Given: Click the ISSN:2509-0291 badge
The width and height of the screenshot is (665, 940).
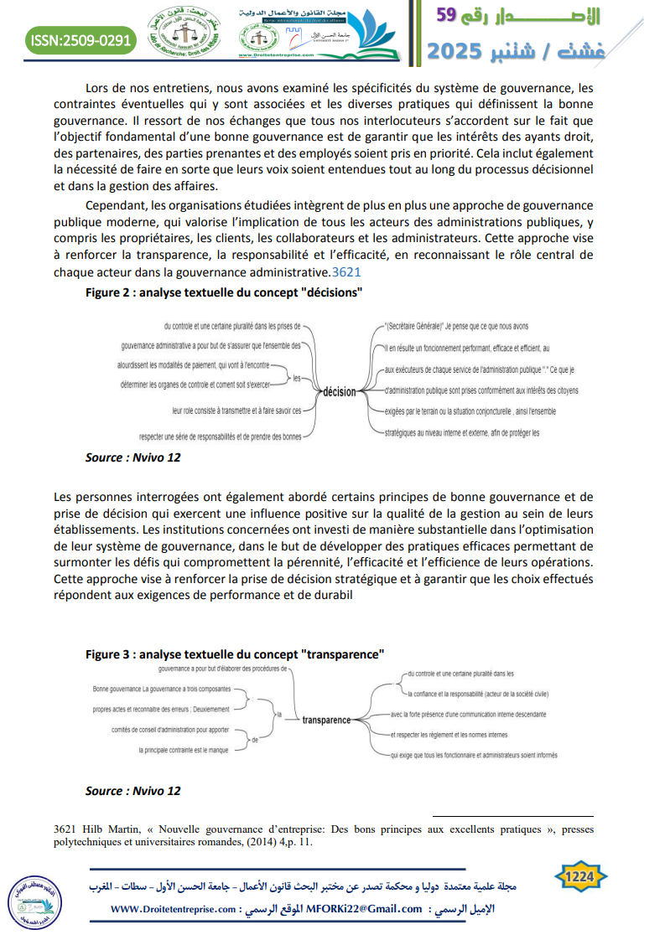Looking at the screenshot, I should tap(81, 39).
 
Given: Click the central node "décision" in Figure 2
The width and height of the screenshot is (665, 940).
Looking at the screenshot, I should tap(340, 391).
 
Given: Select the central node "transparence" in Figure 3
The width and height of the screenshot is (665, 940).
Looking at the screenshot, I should tap(326, 720).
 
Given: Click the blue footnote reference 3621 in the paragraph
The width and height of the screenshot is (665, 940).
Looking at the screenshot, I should tap(346, 272).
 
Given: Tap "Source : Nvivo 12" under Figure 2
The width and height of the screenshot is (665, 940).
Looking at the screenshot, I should tap(132, 457).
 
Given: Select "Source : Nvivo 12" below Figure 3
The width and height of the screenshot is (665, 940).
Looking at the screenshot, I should tap(132, 790).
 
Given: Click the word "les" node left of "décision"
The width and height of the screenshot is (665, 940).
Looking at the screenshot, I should tap(297, 379).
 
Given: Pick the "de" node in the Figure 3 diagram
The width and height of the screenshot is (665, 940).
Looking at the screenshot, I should tap(254, 739).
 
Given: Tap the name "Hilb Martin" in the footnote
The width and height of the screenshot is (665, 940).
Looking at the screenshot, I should tap(103, 829).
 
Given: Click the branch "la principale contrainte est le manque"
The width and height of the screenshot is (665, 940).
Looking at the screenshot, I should tap(184, 751).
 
